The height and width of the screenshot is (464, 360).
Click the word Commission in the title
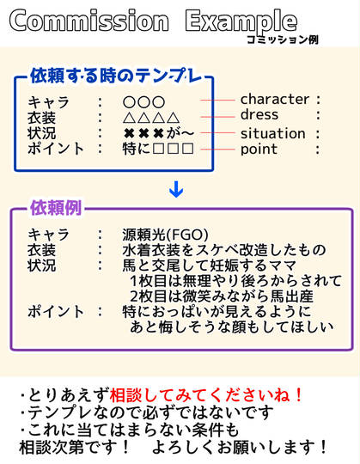click(x=89, y=21)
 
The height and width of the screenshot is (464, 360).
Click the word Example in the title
click(x=241, y=22)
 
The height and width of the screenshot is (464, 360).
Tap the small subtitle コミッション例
click(x=282, y=40)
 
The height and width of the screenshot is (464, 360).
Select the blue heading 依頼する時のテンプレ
click(x=116, y=76)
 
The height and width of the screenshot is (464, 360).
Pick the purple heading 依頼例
click(x=56, y=208)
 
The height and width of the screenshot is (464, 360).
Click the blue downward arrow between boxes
click(x=176, y=189)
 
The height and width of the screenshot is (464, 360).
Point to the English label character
click(x=275, y=100)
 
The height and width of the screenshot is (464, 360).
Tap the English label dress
click(x=259, y=114)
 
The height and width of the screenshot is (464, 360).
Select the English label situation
click(x=272, y=133)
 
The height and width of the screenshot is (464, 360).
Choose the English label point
click(x=259, y=150)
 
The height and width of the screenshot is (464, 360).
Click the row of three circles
click(x=143, y=102)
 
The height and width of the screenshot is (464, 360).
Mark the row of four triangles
click(x=151, y=118)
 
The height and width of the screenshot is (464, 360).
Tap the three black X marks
click(x=143, y=133)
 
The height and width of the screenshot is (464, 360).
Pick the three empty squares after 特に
click(x=174, y=149)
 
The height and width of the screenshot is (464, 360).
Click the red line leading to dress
click(x=217, y=117)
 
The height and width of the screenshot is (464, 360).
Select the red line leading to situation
click(x=217, y=133)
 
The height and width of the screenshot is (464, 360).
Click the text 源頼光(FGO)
click(x=165, y=235)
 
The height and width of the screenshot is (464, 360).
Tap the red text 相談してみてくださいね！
click(x=206, y=394)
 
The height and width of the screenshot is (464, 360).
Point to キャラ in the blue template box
click(x=48, y=102)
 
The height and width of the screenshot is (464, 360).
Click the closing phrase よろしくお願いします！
click(x=240, y=447)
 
